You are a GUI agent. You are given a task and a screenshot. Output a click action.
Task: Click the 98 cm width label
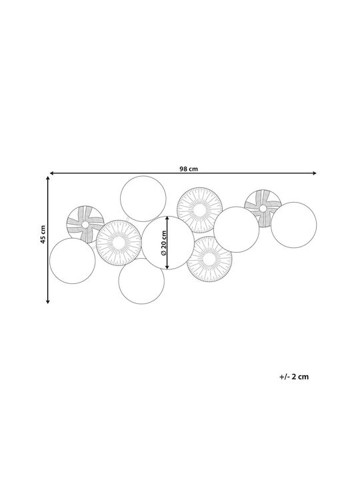pos(189,169)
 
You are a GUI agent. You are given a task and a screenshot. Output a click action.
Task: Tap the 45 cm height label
pos(43,235)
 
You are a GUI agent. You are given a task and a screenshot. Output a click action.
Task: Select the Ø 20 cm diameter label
pos(163,243)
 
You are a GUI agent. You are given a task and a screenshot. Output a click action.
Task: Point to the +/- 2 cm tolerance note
pos(294,377)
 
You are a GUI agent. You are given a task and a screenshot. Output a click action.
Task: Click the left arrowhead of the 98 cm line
pos(51,173)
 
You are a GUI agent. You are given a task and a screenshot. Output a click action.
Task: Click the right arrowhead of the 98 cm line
pos(315,173)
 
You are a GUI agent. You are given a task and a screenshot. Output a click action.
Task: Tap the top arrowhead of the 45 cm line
pos(48,178)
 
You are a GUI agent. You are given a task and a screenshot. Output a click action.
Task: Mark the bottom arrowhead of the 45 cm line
pos(48,302)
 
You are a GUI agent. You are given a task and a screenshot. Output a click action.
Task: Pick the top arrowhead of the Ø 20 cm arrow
pos(167,218)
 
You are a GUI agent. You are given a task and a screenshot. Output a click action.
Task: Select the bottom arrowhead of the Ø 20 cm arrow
pos(167,267)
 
